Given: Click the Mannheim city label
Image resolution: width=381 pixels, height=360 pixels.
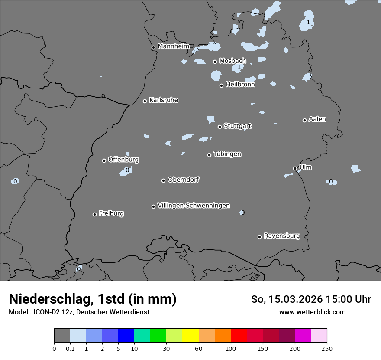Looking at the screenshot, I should tap(173, 46).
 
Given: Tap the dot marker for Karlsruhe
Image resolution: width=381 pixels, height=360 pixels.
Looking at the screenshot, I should tap(145, 101).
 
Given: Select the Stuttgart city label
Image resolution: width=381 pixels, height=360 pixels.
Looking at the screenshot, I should tap(237, 126).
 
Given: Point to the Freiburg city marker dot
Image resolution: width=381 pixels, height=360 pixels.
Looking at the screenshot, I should tap(94, 214).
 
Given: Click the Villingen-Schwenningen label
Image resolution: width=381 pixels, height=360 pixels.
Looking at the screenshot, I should tap(194, 206).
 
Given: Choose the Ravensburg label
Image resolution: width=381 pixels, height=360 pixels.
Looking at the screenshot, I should tap(281, 236).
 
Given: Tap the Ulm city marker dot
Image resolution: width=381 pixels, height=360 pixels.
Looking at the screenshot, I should tap(295, 168).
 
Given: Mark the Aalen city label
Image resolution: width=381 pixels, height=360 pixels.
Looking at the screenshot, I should tap(317, 119).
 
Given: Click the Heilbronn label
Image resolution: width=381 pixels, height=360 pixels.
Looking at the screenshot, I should tap(240, 85).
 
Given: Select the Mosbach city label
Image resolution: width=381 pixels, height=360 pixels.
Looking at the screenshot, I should tap(232, 61).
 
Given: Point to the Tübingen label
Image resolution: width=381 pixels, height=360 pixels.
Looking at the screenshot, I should tap(227, 154).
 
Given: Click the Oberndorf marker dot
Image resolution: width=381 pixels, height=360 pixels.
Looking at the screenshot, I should tap(163, 180).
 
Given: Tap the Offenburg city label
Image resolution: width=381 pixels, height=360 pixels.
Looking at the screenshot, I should tap(123, 160).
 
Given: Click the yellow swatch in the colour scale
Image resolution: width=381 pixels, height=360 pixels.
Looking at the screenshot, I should tap(190, 336).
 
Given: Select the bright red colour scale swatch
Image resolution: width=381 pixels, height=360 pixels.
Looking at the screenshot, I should tap(239, 336).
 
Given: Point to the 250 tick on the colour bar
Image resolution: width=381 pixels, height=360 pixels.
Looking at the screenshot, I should tap(327, 348).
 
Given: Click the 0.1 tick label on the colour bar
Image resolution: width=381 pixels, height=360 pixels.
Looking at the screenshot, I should tap(70, 348).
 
